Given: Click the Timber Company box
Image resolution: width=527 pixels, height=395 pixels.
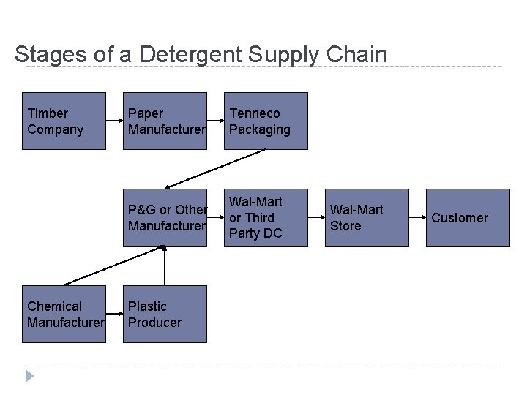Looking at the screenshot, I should [64, 121].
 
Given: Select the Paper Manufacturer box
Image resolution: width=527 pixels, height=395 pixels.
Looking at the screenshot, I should [165, 121].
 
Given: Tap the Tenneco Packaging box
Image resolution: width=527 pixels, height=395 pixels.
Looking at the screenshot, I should [266, 121].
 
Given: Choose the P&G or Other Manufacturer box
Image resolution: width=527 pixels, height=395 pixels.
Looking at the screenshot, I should [165, 217].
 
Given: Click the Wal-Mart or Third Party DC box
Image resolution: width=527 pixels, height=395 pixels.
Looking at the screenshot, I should [266, 217].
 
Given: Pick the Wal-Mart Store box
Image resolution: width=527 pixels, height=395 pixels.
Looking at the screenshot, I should [367, 217].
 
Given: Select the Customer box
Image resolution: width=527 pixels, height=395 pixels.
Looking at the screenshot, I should [468, 217].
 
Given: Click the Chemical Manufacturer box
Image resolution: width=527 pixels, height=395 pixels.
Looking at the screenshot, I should [64, 314].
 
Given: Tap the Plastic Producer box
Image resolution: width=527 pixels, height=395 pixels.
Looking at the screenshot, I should [165, 314].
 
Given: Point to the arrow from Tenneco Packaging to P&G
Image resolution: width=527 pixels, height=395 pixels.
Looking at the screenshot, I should [215, 169].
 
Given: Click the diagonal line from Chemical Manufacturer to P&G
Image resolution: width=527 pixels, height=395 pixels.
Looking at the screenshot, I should [110, 267].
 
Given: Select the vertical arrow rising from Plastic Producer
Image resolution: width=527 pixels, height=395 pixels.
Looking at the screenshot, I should [165, 267].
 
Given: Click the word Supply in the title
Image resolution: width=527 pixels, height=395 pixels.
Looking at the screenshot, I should [284, 55].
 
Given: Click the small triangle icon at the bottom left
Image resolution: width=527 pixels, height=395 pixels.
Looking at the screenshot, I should [29, 376].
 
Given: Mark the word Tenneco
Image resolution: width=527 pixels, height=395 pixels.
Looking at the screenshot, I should [254, 113].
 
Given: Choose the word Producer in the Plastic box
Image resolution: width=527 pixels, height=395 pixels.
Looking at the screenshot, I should [154, 323].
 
